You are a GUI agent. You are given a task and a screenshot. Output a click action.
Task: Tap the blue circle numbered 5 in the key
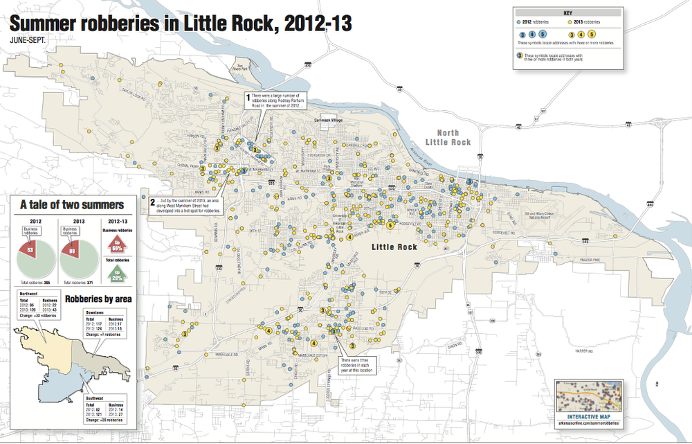point(543,34)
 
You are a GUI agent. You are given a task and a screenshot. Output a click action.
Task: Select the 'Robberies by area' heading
point(98,299)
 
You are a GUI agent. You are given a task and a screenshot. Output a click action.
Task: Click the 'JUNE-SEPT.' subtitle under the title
point(28,40)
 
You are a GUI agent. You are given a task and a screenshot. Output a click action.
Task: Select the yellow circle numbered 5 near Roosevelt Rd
point(390,225)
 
